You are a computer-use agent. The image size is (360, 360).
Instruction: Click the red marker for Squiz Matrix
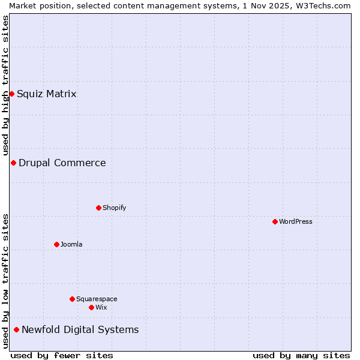click(11, 94)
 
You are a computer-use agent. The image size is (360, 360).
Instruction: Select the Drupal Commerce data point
click(13, 163)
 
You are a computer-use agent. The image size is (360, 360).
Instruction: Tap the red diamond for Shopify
click(98, 208)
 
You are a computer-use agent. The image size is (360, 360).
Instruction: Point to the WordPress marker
click(275, 221)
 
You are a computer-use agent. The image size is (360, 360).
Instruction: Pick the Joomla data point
click(56, 244)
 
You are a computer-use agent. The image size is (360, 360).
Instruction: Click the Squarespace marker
click(72, 299)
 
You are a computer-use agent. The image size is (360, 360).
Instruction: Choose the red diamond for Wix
click(91, 307)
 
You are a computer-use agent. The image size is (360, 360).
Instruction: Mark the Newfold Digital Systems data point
click(16, 329)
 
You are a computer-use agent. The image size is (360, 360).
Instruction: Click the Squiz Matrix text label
click(47, 94)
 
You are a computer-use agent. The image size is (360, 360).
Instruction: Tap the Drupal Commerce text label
click(62, 163)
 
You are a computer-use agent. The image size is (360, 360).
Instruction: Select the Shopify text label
click(115, 208)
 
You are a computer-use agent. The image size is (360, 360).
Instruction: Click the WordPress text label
click(296, 221)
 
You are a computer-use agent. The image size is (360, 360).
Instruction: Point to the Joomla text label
click(71, 244)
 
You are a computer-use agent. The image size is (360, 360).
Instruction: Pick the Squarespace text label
click(97, 299)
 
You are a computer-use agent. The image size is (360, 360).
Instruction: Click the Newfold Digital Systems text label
click(80, 329)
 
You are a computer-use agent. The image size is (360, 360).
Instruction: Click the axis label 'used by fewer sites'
click(62, 355)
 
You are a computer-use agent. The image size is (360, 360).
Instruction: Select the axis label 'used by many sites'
click(301, 355)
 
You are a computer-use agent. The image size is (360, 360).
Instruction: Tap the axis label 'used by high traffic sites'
click(5, 86)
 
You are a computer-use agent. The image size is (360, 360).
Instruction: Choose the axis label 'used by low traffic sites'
click(5, 281)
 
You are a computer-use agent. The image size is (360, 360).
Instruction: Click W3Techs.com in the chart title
click(322, 5)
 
